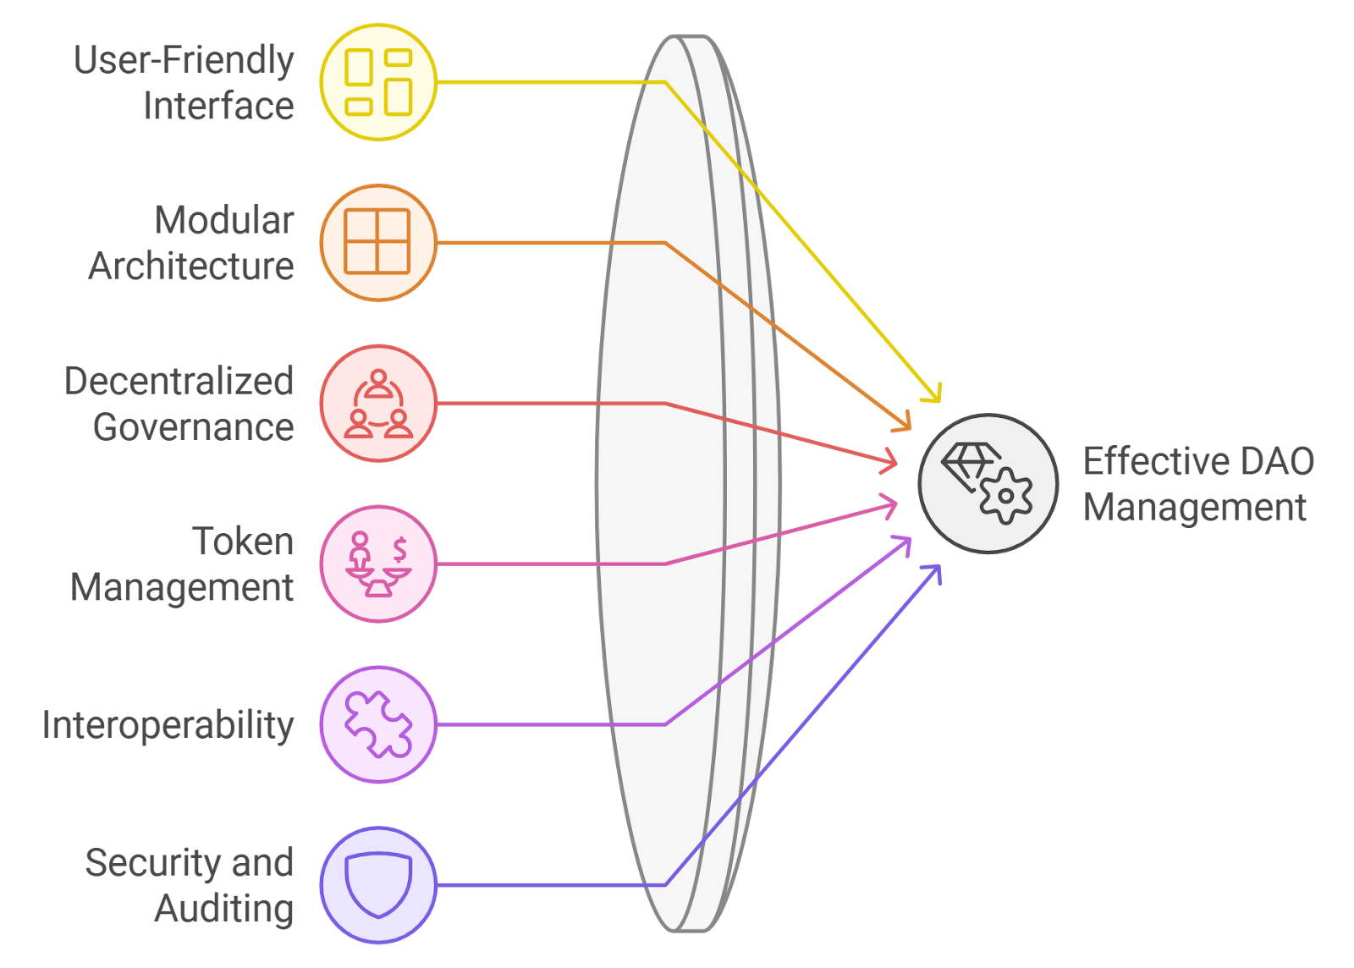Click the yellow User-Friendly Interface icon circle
[x=378, y=82]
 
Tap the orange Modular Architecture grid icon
[x=377, y=241]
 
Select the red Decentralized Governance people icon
[x=378, y=404]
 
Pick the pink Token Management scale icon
[x=378, y=565]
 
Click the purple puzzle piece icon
[x=378, y=724]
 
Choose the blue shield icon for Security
[x=378, y=884]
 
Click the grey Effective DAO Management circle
[x=988, y=483]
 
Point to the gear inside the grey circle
[x=1006, y=496]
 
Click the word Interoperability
[x=168, y=726]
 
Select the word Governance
[x=194, y=427]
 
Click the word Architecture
[x=191, y=266]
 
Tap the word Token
[x=243, y=541]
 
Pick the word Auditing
[x=223, y=909]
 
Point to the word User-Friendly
[x=184, y=60]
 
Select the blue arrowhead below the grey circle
[x=933, y=573]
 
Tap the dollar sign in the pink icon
[x=399, y=550]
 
